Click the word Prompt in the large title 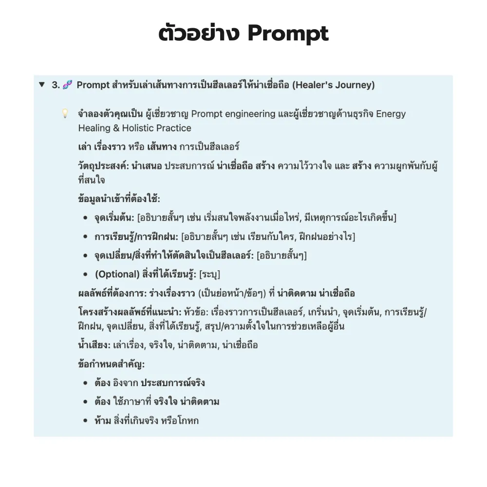click(288, 34)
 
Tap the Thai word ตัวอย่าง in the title click(199, 34)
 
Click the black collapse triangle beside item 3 click(41, 85)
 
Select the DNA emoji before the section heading click(68, 85)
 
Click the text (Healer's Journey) click(334, 85)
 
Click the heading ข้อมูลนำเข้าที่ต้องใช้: click(119, 199)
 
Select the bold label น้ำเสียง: click(94, 345)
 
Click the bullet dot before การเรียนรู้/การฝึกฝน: click(85, 237)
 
